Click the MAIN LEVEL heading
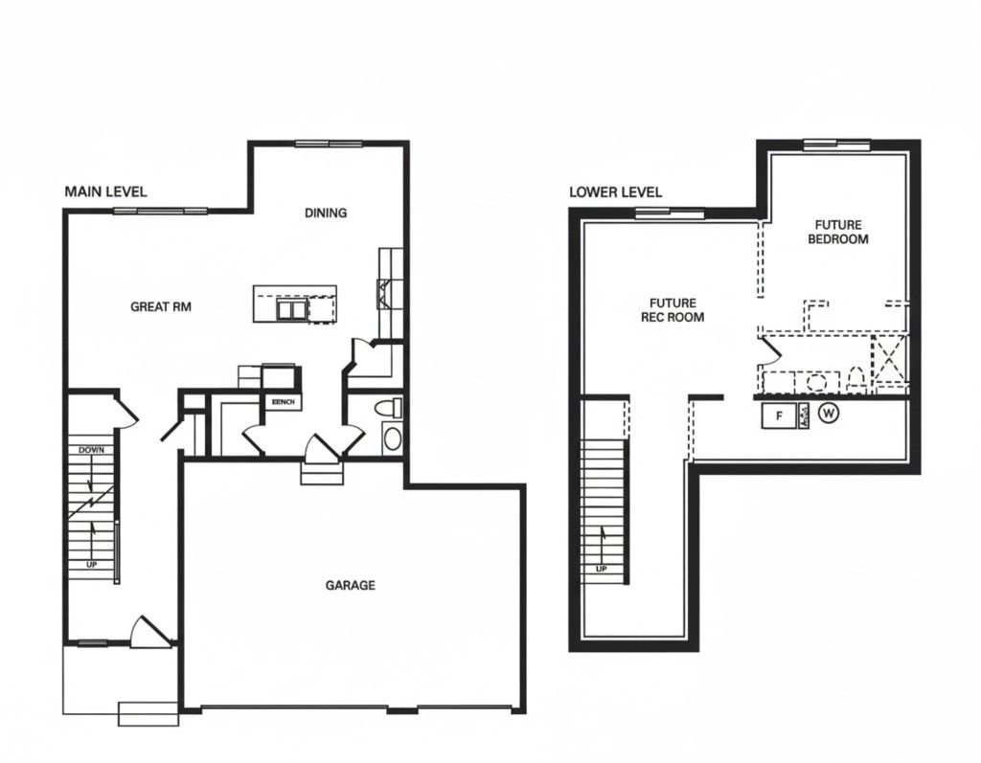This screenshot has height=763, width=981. pos(105,191)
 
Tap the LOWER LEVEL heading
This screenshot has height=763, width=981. pos(615,191)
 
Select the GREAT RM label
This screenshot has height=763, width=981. pos(162,307)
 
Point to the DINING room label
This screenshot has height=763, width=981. pos(326,213)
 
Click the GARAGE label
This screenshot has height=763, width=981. pos(350,585)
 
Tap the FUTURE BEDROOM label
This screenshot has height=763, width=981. pos(838,232)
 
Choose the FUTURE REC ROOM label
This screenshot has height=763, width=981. pos(673,309)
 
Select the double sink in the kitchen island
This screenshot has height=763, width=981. pos(291,310)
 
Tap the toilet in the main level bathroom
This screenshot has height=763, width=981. pos(387,408)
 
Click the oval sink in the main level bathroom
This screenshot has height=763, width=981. pos(392,439)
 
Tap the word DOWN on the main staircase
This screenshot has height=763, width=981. pos(93,450)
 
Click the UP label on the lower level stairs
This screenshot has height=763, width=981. pos(602,570)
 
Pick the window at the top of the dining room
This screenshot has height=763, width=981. pos(329,145)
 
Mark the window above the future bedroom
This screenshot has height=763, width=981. pos(836,146)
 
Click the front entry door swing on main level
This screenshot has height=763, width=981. pos(150,629)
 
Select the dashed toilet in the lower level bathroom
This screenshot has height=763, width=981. pos(856,380)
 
